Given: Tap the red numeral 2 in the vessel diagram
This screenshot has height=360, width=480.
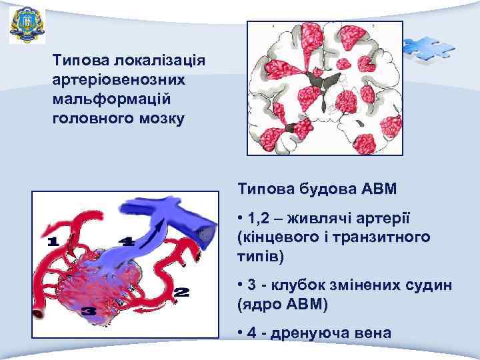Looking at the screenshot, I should pos(181,291).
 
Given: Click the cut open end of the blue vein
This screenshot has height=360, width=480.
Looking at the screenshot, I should pos(209,234).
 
